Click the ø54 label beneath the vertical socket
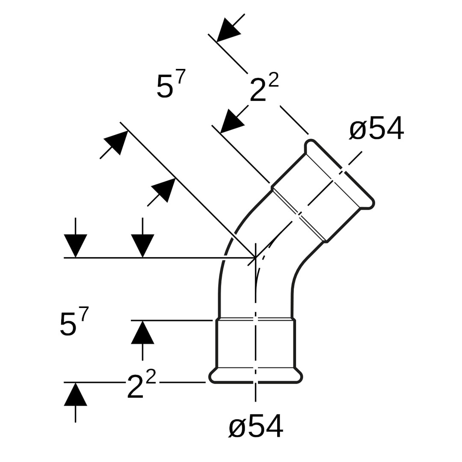[256, 426]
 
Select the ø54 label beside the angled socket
[376, 128]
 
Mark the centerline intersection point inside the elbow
[255, 258]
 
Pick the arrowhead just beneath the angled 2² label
[231, 121]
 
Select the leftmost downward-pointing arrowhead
[75, 245]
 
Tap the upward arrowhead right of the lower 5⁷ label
[142, 333]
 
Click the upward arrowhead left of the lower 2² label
[75, 394]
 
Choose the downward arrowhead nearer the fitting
[142, 245]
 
